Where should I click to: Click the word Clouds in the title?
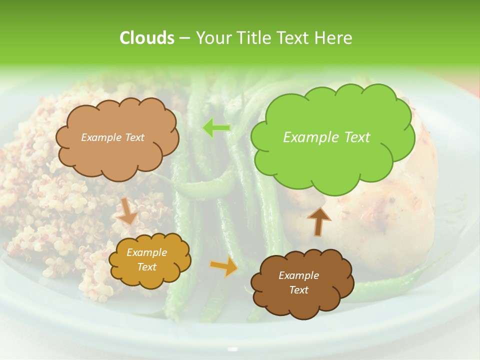tap(146, 38)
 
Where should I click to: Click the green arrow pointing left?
tap(216, 128)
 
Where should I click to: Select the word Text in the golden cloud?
tap(147, 267)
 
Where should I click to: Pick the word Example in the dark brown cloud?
tap(298, 275)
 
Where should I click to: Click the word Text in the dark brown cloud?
tap(298, 290)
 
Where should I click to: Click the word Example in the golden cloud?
tap(147, 252)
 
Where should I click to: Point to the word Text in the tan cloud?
tap(134, 137)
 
